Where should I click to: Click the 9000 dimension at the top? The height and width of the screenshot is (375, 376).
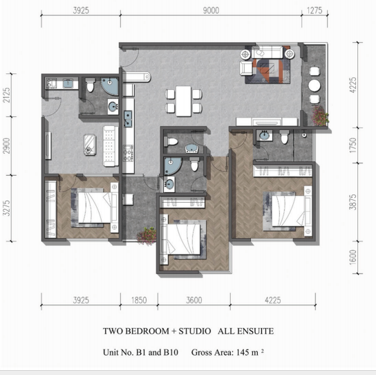(x=211, y=10)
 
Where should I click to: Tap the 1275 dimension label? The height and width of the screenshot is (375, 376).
(x=314, y=10)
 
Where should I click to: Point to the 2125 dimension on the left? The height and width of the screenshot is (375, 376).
(x=7, y=95)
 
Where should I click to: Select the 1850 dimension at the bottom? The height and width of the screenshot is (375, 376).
(x=139, y=300)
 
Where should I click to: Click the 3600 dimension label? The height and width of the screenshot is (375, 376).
(x=194, y=300)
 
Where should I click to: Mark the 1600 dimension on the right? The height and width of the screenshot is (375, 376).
(x=353, y=257)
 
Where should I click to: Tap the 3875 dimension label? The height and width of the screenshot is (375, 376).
(x=353, y=202)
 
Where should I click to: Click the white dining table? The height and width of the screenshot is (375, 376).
(x=184, y=101)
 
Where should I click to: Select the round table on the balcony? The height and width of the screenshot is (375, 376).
(x=314, y=86)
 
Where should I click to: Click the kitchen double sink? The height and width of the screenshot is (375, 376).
(x=128, y=118)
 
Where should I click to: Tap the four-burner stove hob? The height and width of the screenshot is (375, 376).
(x=128, y=153)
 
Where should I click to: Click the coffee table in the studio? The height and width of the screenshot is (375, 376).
(x=90, y=145)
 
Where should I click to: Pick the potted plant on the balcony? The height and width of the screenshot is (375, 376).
(x=320, y=116)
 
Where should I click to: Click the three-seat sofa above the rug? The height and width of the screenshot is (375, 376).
(x=267, y=52)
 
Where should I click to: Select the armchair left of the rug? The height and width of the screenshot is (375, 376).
(x=246, y=68)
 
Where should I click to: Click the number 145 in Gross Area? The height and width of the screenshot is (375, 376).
(x=242, y=352)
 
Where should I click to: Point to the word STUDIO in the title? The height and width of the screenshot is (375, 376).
(x=195, y=331)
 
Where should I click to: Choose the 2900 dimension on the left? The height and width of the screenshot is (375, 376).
(x=7, y=146)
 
